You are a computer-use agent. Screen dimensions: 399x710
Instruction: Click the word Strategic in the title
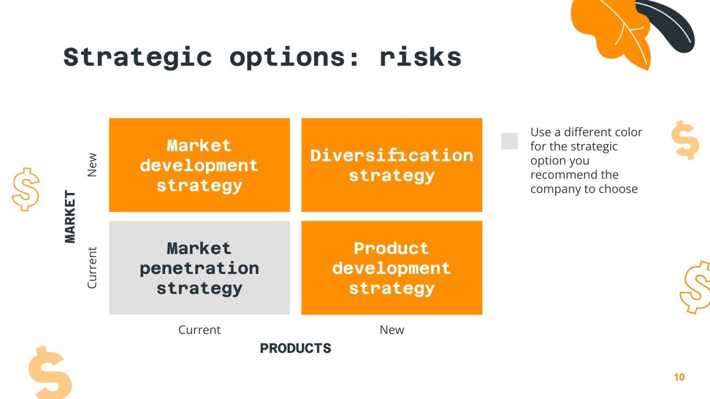137,57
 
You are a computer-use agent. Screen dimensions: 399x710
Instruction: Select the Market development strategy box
199,165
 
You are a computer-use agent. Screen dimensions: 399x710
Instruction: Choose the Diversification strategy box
392,165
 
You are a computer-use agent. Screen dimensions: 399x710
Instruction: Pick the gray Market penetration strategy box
199,268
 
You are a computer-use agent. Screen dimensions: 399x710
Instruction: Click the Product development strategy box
392,268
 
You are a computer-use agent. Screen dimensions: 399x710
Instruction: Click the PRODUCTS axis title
295,348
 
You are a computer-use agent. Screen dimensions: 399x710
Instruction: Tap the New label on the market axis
92,165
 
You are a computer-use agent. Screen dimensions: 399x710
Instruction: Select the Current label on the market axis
92,268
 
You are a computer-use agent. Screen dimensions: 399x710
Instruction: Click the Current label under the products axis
199,330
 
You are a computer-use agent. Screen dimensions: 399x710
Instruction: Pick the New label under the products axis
392,330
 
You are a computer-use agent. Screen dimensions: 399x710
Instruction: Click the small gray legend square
509,141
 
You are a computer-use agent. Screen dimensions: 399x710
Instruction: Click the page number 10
679,377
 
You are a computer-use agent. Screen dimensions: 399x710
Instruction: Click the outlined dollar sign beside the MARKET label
25,189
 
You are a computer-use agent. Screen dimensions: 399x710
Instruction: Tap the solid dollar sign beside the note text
685,139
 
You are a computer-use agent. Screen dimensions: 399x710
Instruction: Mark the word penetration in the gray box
199,268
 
